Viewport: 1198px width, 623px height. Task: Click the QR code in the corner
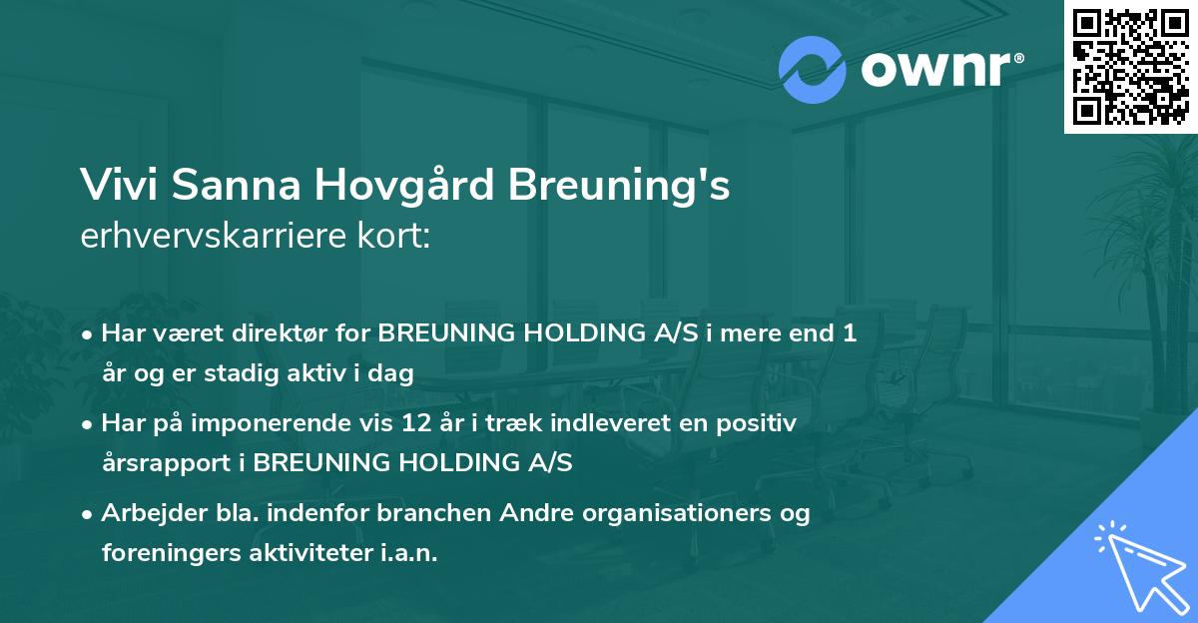[x=1130, y=66]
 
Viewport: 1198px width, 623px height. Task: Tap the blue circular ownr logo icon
[x=812, y=69]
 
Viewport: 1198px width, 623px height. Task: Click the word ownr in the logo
[x=935, y=69]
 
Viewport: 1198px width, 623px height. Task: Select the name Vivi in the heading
[x=112, y=187]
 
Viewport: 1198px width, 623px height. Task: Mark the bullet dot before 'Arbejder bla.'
[x=89, y=515]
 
